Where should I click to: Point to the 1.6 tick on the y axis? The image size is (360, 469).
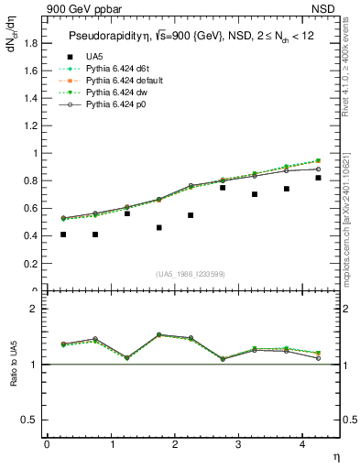click(x=30, y=71)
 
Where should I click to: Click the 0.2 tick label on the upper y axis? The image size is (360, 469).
click(x=30, y=264)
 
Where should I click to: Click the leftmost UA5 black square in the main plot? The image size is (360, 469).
click(x=63, y=234)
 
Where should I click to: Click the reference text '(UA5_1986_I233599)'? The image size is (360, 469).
click(x=191, y=274)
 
